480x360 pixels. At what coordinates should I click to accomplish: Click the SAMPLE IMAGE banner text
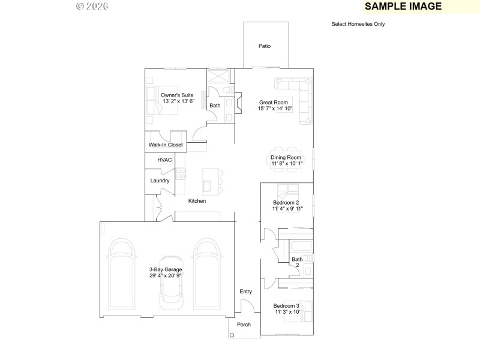pos(403,7)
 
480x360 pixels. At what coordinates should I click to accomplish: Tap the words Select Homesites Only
pos(358,25)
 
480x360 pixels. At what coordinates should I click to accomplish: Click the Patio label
pos(265,46)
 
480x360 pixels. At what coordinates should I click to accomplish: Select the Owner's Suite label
pos(178,95)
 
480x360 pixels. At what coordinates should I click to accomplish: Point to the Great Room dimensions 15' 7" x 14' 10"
pos(275,109)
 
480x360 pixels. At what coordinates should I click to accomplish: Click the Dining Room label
pos(286,157)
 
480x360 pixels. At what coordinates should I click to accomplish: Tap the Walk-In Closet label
pos(166,145)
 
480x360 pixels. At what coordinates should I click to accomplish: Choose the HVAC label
pos(164,160)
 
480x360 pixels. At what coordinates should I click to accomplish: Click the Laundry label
pos(160,181)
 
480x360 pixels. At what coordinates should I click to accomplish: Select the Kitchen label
pos(197,201)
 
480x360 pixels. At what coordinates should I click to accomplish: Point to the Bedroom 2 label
pos(286,203)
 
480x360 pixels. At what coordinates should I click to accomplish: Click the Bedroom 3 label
pos(287,306)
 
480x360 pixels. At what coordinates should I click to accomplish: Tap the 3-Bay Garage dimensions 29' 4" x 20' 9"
pos(166,275)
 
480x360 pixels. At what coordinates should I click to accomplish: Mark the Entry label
pos(245,292)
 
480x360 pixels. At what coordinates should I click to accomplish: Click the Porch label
pos(244,325)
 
